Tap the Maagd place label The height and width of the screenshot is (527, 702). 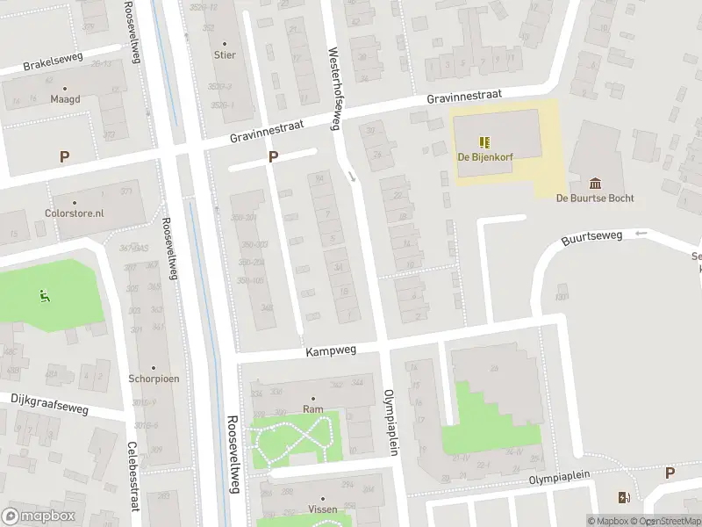tap(65, 99)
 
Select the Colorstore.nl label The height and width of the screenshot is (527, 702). tap(75, 213)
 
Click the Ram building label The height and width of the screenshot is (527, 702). tap(312, 409)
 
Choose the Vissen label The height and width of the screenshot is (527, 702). tap(322, 509)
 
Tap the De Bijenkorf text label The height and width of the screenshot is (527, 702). tap(484, 156)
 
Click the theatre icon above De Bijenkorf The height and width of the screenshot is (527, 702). tap(484, 141)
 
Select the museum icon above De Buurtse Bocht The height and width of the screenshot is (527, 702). tap(596, 183)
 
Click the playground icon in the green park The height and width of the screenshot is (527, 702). tap(43, 295)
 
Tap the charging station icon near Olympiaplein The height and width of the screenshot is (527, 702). tap(624, 498)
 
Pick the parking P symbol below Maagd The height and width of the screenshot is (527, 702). tap(63, 157)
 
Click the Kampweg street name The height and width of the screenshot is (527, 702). tap(327, 351)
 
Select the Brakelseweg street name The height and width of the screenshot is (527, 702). tap(52, 65)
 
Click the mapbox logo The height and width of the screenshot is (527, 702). tap(37, 516)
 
